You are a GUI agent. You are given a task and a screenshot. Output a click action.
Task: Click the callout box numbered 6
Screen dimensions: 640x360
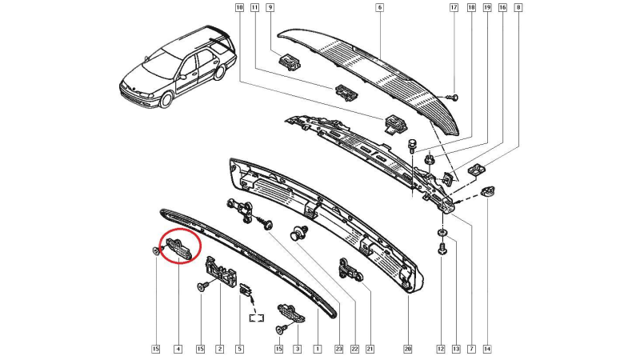[379, 7]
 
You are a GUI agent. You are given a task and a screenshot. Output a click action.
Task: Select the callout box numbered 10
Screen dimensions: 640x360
[239, 7]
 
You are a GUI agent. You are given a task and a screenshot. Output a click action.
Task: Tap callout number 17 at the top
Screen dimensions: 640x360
[454, 7]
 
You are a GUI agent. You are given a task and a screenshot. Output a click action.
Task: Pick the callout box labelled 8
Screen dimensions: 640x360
[518, 7]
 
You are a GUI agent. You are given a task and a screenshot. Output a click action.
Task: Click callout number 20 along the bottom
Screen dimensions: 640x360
[408, 349]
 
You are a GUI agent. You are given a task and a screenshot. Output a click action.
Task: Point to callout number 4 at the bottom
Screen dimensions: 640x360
[178, 349]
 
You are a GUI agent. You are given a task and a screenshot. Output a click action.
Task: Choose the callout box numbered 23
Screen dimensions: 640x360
[338, 349]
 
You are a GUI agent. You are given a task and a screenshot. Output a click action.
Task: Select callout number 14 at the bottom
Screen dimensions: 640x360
[487, 349]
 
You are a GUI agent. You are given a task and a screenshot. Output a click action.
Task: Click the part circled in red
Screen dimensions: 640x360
[178, 248]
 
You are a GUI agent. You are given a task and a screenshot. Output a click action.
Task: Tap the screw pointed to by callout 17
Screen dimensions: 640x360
[452, 98]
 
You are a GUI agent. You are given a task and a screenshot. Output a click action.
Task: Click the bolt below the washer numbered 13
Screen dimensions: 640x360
[442, 248]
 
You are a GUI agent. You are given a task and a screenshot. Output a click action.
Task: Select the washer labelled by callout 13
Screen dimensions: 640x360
[442, 232]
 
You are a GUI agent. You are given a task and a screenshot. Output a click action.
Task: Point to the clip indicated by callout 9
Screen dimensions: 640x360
[290, 62]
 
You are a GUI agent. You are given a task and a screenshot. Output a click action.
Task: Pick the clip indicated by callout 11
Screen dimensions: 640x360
[346, 93]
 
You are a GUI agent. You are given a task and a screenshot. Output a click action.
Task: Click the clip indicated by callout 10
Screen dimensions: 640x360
[395, 124]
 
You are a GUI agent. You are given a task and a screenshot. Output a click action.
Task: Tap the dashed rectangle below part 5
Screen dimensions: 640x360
[257, 318]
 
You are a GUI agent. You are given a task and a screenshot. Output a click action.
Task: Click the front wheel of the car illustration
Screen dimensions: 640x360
[166, 99]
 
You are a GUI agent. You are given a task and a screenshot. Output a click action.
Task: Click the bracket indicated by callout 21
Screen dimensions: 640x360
[348, 270]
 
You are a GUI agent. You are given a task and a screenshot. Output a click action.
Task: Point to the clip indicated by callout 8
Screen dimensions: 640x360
[476, 168]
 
